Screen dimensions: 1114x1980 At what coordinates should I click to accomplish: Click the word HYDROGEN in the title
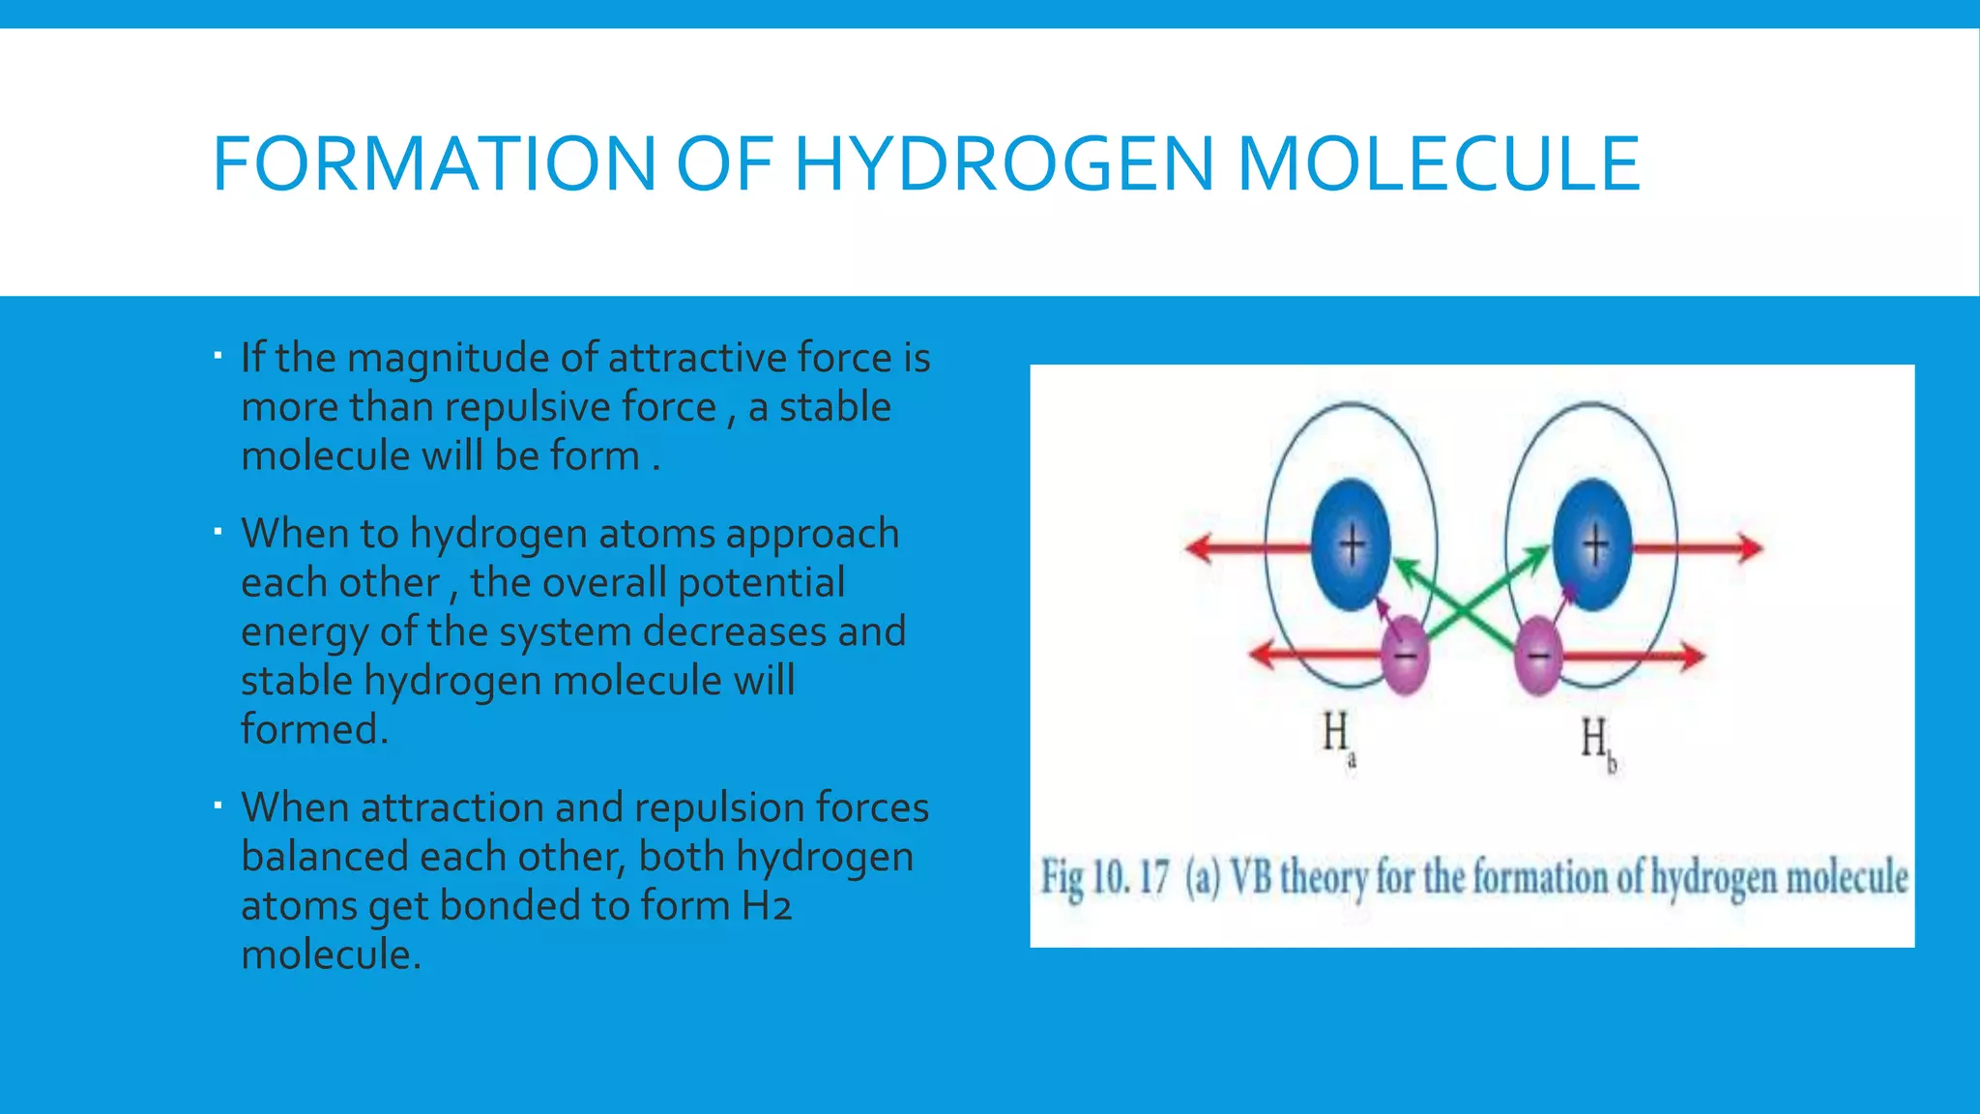coord(1003,163)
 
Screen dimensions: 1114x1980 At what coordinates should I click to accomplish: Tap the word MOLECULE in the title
coord(1439,163)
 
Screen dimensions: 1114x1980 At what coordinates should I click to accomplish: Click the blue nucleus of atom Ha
coord(1351,545)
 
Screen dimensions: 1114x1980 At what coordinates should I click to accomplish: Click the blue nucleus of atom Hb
coord(1592,545)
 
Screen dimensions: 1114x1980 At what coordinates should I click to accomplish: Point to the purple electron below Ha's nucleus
coord(1405,655)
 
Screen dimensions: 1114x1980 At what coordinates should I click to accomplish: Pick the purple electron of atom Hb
coord(1538,656)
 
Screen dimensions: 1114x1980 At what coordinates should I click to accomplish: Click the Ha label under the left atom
coord(1338,737)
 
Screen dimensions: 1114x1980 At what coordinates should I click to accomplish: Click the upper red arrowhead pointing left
coord(1200,548)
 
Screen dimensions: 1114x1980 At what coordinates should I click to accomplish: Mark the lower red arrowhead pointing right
coord(1692,657)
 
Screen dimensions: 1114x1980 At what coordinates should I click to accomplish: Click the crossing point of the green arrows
coord(1470,608)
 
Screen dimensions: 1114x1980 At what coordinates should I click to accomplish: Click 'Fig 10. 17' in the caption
coord(1104,878)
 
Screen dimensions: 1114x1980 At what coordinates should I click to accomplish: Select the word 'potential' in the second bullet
coord(761,583)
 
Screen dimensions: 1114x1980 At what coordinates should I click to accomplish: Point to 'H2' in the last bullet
coord(768,906)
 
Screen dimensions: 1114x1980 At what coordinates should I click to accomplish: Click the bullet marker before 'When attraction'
coord(218,805)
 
